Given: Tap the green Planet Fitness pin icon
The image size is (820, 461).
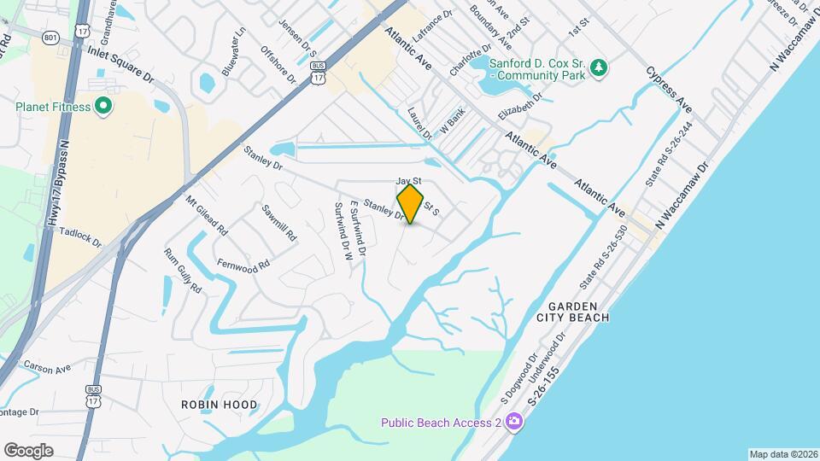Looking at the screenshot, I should point(104,107).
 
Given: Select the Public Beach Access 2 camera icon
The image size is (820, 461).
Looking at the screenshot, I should point(513,421).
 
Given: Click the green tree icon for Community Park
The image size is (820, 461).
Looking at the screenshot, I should point(600,67).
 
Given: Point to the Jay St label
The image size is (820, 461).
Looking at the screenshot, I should point(409,181).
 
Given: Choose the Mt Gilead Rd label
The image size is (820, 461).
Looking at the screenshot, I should point(207,216).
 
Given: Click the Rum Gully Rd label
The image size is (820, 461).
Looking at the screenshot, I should point(182,271).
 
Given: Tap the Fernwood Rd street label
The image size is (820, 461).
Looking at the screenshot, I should point(243,264).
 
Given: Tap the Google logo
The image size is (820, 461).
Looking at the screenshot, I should point(28,450).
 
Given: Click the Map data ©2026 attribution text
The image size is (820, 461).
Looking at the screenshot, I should point(782,454).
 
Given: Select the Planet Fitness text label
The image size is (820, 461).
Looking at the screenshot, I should point(53,107).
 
